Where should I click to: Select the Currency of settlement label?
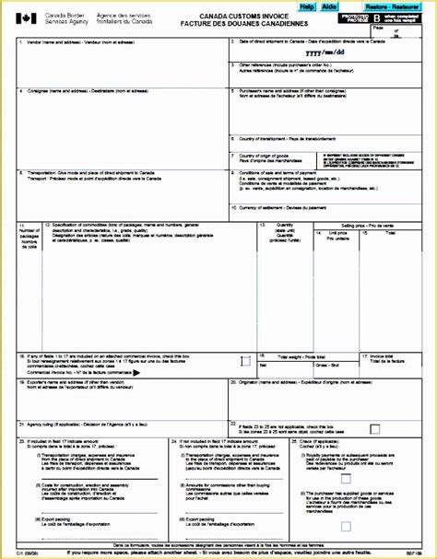click(x=290, y=208)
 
